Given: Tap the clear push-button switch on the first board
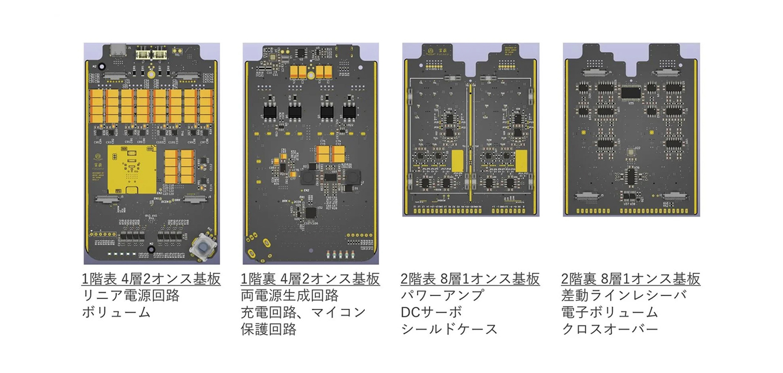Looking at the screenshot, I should point(203,247).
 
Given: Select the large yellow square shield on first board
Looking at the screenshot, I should point(132,168).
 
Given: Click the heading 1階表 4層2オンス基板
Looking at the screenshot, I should point(151,279).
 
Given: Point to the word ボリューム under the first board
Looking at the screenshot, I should point(116,313).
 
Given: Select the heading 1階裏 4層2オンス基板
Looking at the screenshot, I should point(310,279).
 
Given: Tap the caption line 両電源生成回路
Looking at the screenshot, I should point(289,296).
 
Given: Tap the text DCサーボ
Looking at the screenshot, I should point(431,313).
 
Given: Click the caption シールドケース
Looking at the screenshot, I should point(449,330).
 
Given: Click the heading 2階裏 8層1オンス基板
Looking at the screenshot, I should point(631,279).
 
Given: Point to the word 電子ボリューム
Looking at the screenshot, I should point(610,313).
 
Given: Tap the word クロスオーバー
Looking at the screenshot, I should point(610,330).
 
